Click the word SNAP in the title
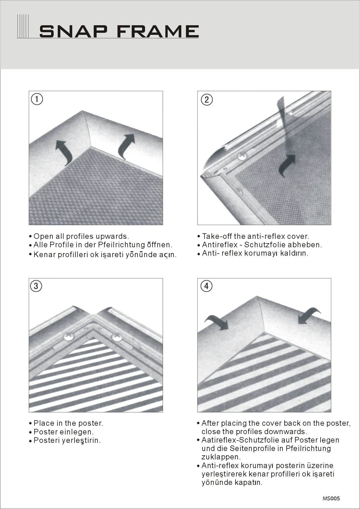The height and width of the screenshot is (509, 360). pyautogui.click(x=73, y=31)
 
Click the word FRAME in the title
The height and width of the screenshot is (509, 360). pyautogui.click(x=158, y=31)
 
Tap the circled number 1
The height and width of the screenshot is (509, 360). pyautogui.click(x=37, y=99)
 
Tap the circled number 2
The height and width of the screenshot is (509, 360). pyautogui.click(x=207, y=100)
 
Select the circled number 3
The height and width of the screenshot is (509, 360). pyautogui.click(x=36, y=286)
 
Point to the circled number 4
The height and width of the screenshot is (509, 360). pyautogui.click(x=206, y=286)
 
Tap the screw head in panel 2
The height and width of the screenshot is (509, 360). pyautogui.click(x=242, y=156)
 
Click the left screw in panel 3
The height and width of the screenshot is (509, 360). pyautogui.click(x=69, y=337)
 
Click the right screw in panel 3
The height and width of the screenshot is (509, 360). pyautogui.click(x=117, y=337)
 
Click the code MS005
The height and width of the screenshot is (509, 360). pyautogui.click(x=331, y=499)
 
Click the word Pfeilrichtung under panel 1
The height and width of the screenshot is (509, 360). pyautogui.click(x=121, y=245)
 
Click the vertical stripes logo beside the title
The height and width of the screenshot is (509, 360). pyautogui.click(x=23, y=26)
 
